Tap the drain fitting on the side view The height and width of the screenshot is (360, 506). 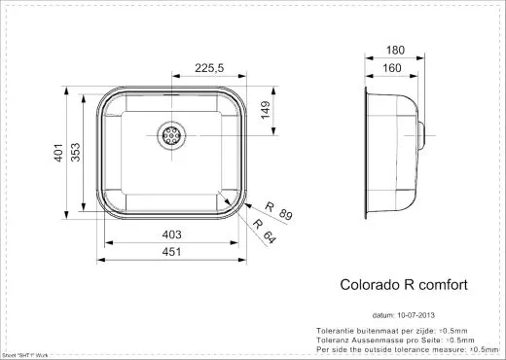pyautogui.click(x=423, y=133)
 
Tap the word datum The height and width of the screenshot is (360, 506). pyautogui.click(x=382, y=315)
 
